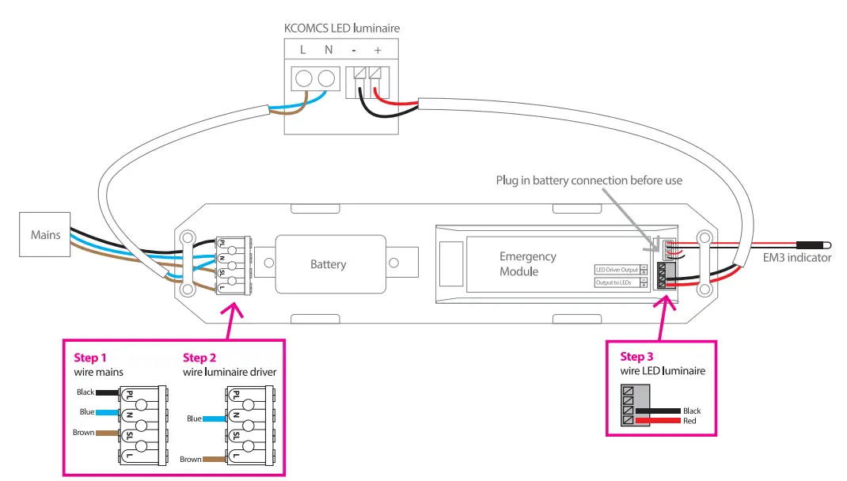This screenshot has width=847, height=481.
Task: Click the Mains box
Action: [46, 235]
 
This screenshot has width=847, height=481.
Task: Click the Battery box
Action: [328, 264]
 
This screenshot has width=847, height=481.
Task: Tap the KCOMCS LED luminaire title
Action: [342, 28]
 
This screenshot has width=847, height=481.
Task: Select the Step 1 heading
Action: [92, 358]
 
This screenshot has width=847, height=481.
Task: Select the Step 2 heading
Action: [200, 358]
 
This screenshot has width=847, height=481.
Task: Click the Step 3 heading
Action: [638, 357]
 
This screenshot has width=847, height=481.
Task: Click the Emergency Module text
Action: [528, 264]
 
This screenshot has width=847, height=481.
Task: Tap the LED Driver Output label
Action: [617, 270]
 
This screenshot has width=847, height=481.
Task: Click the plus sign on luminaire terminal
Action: [377, 51]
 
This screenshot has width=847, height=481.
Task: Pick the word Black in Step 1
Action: [85, 392]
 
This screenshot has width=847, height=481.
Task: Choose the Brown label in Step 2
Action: [190, 459]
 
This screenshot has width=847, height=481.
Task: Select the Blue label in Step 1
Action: [87, 412]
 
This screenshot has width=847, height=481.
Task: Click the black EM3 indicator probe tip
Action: [813, 245]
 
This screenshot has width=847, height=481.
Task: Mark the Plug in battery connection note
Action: [589, 180]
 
